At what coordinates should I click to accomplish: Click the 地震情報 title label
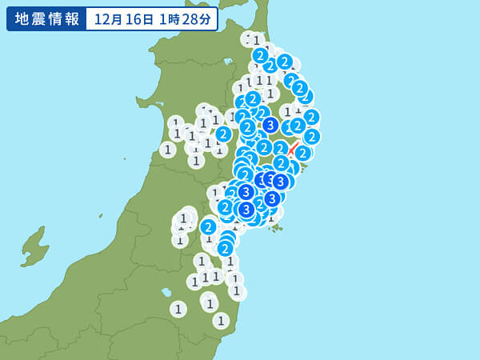click(x=46, y=18)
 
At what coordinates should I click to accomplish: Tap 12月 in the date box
click(x=107, y=19)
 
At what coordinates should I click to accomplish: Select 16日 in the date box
click(x=138, y=19)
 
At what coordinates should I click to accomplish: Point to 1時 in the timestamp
click(x=166, y=19)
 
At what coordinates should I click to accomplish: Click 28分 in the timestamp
click(x=196, y=19)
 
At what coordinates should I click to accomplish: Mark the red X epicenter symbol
click(x=294, y=149)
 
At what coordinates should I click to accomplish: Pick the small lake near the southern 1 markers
click(x=165, y=292)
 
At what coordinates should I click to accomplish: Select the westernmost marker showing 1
click(x=167, y=150)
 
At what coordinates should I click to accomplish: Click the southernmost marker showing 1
click(x=221, y=321)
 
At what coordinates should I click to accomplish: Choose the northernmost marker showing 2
click(x=260, y=55)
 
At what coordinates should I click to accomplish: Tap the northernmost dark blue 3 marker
click(x=270, y=125)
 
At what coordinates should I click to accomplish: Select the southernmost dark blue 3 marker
click(x=246, y=210)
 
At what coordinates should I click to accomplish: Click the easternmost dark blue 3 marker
click(x=280, y=182)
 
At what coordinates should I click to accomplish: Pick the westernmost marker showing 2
click(x=208, y=227)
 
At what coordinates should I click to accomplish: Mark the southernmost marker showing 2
click(x=225, y=249)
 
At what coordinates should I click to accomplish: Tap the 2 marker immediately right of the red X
click(x=302, y=153)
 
